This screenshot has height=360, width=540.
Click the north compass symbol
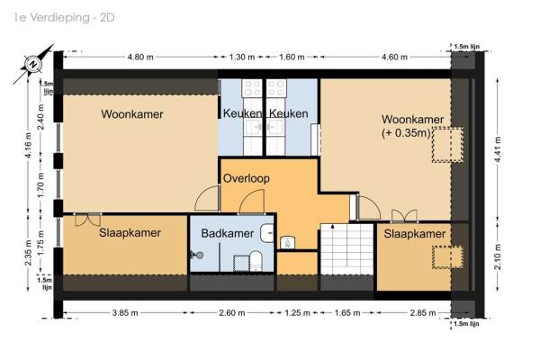34,64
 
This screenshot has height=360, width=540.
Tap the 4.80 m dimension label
140,57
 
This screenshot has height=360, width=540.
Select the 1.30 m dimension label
242,57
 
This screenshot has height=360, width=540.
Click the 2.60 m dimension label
232,313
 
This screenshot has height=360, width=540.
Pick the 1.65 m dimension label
347,313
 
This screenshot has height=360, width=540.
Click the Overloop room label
247,178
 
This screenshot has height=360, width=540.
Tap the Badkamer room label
228,233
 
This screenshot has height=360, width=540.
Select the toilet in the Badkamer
256,261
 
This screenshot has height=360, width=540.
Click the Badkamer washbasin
267,233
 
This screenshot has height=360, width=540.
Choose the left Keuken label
242,113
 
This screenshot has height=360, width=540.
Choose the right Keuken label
289,113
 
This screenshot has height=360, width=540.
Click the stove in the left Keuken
252,88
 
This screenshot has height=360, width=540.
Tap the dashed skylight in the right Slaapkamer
447,257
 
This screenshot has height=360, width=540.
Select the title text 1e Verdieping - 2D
65,18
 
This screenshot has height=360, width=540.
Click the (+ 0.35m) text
406,133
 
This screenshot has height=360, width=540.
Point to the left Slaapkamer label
130,232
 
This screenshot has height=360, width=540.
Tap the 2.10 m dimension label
499,256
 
